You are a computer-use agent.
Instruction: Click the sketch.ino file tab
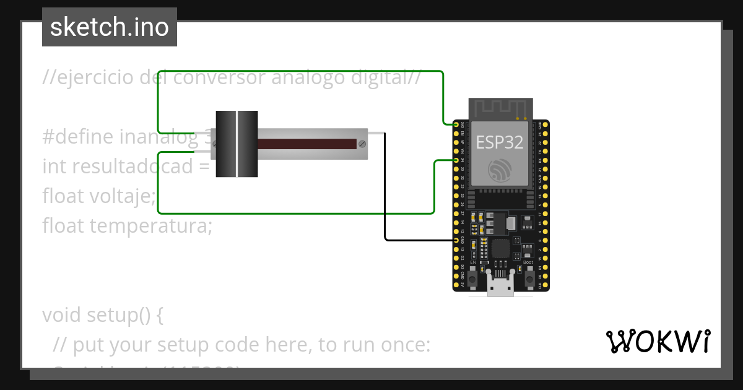pyautogui.click(x=109, y=27)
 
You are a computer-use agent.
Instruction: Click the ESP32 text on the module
pyautogui.click(x=499, y=142)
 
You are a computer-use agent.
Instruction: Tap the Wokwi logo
pyautogui.click(x=658, y=341)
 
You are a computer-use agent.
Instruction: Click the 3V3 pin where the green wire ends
pyautogui.click(x=457, y=124)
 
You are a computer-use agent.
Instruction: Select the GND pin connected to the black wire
pyautogui.click(x=457, y=240)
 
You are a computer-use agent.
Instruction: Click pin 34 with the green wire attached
pyautogui.click(x=457, y=160)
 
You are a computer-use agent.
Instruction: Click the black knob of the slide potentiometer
pyautogui.click(x=237, y=144)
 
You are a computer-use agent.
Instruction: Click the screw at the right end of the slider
pyautogui.click(x=362, y=144)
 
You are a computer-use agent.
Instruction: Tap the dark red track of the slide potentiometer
pyautogui.click(x=306, y=144)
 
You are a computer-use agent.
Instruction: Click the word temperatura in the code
pyautogui.click(x=150, y=227)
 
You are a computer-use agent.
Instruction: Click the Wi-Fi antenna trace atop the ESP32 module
pyautogui.click(x=500, y=108)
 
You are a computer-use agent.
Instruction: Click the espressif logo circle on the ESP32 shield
pyautogui.click(x=499, y=171)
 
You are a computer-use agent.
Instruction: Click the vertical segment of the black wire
pyautogui.click(x=385, y=186)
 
